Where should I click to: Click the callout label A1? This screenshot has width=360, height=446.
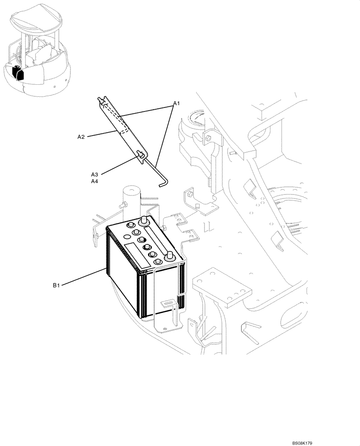176,104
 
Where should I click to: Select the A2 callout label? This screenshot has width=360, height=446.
81,137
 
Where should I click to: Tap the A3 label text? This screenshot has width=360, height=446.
94,174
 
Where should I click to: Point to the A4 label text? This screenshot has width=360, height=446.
94,182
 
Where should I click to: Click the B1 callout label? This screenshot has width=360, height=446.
56,285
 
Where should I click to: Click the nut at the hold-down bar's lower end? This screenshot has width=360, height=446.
139,155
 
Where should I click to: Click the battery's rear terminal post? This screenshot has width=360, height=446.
144,219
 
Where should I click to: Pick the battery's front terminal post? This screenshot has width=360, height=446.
169,256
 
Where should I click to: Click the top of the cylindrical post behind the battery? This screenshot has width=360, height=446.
131,189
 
